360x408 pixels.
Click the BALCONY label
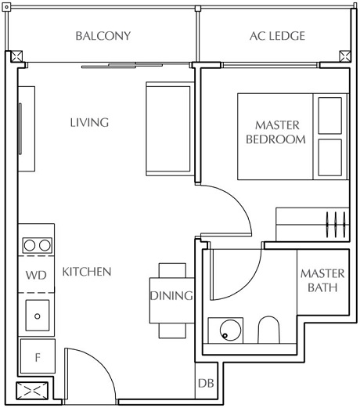click(103, 36)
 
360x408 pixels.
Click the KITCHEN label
click(87, 272)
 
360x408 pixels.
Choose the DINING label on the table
click(171, 296)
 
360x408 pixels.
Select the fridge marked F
click(37, 357)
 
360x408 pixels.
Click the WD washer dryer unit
click(35, 275)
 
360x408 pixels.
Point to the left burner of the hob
click(30, 245)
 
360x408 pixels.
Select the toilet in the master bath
click(268, 330)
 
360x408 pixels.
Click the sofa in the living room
click(168, 130)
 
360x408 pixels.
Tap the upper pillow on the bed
click(329, 116)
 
